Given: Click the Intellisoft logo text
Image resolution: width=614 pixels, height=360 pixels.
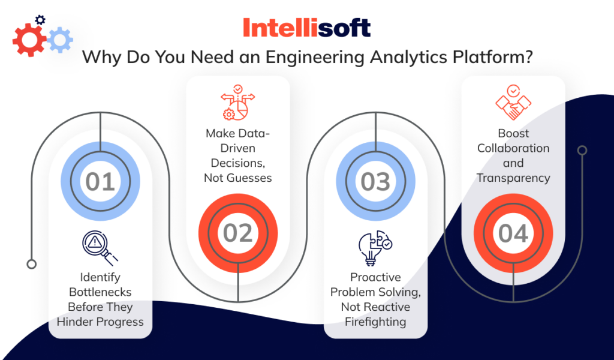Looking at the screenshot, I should point(306,28).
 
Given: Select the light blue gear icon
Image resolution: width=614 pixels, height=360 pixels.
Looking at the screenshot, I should point(60,40).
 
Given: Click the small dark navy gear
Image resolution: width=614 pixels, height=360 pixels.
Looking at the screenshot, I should point(40,20).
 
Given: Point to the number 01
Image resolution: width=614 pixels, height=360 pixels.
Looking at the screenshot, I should point(100,182).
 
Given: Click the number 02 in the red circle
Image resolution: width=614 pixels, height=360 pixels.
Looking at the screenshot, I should point(238,233).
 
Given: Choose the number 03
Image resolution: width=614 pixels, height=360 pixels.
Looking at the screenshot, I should point(375,182).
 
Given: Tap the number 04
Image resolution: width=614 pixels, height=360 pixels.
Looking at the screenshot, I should point(513,233).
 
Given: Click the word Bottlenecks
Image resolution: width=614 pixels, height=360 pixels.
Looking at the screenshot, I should point(100,292).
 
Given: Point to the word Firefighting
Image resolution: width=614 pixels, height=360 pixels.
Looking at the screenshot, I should point(375,322).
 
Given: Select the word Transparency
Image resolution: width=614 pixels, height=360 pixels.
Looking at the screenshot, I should point(513,178).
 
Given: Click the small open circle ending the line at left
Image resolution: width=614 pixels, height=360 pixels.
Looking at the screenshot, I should point(32,264).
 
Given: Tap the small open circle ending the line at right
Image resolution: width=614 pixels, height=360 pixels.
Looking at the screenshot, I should point(581,150).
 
